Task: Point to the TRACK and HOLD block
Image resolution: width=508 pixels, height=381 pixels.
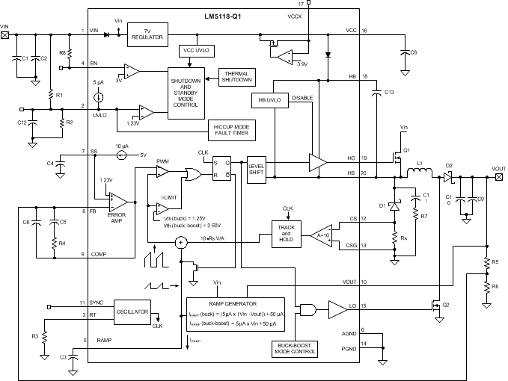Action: tap(287, 231)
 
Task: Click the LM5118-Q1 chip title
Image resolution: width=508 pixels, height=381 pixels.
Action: tap(221, 15)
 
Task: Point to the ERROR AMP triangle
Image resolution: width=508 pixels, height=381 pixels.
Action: tap(117, 202)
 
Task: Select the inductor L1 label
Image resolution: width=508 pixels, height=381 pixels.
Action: tap(419, 163)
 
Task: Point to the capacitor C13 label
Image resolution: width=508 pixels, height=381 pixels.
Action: tap(388, 92)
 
